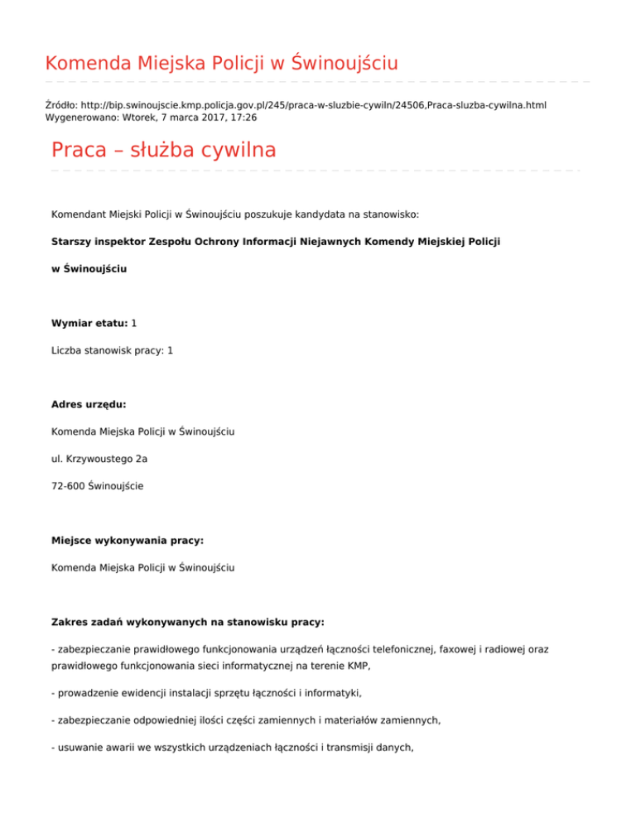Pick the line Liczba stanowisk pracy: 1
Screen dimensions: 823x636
pos(112,350)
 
